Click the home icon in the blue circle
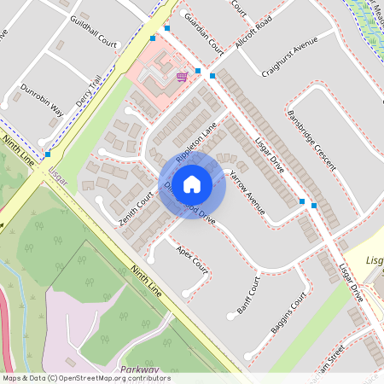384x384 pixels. [192, 183]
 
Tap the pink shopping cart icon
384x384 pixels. [182, 77]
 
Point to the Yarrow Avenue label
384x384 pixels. [247, 191]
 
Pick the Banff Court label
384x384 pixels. [247, 295]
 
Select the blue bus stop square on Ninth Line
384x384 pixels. [49, 154]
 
